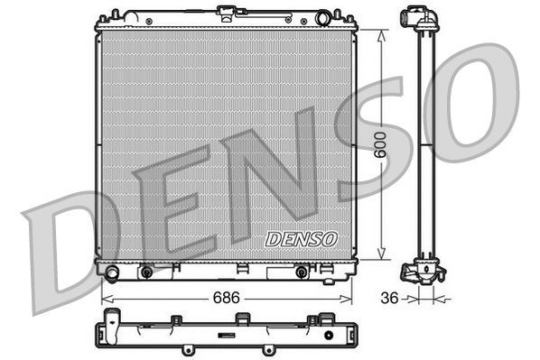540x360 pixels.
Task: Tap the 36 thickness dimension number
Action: click(388, 296)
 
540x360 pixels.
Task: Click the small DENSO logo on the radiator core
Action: click(301, 240)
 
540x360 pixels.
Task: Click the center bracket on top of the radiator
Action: click(225, 14)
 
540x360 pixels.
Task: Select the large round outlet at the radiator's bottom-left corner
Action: click(111, 272)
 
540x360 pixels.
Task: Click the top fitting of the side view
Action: click(415, 18)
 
